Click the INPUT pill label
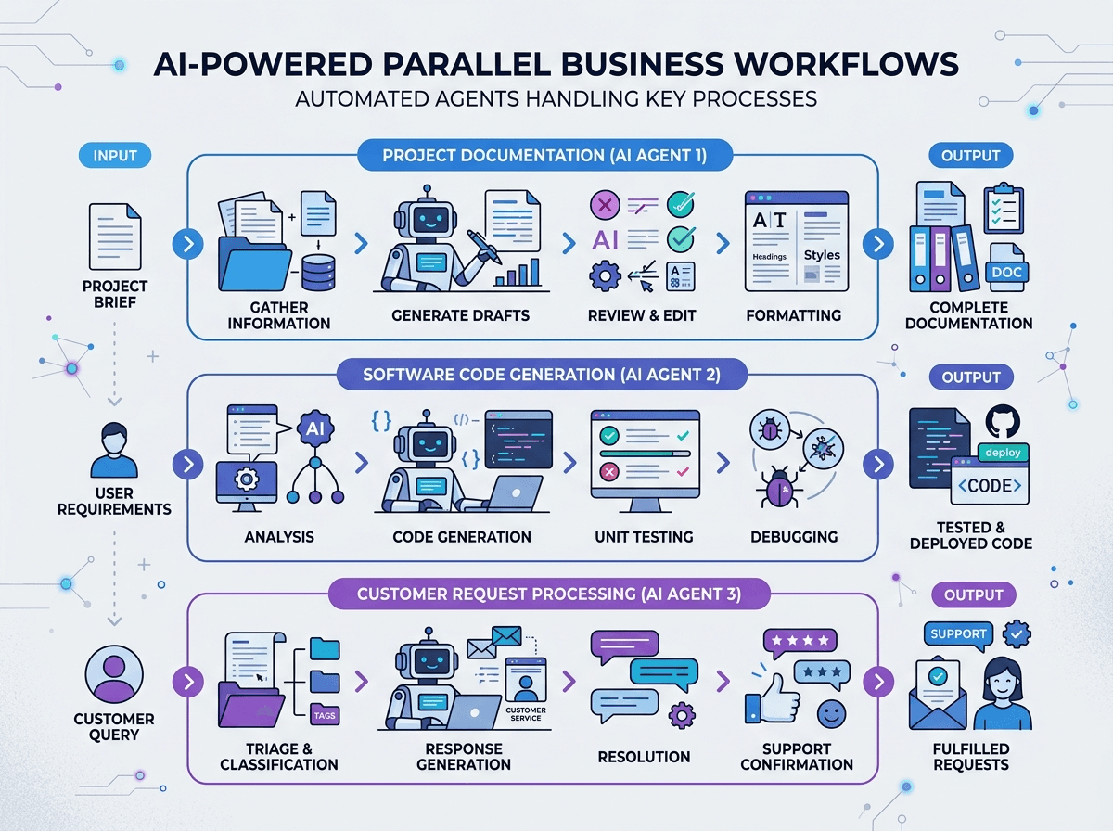115,155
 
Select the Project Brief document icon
115,237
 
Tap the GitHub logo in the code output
1003,421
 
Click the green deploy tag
1003,453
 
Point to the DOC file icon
1006,268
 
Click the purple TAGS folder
325,714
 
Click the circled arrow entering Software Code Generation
188,464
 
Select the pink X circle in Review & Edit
605,205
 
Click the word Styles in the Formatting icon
822,254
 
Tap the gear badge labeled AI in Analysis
314,428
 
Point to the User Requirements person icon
114,450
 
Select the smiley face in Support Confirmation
831,714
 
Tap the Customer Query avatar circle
114,674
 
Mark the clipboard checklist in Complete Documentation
1004,209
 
